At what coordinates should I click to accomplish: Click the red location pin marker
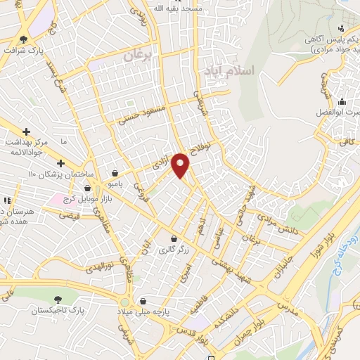coord(181,165)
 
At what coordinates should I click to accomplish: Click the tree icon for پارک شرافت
coord(24,39)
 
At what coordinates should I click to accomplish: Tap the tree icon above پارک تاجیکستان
coord(57,299)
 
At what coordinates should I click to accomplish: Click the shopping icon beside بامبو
coord(115,173)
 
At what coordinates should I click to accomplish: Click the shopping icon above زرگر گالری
coord(173,238)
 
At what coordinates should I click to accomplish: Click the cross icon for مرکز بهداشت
coord(26,131)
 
